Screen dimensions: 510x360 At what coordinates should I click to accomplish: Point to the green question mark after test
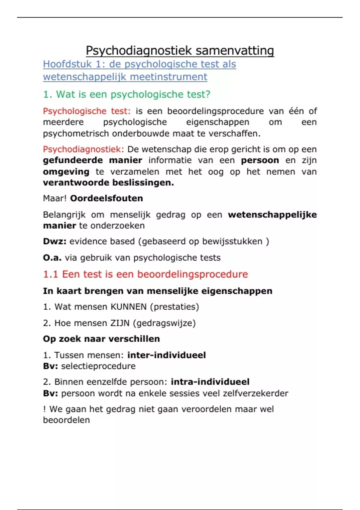208,94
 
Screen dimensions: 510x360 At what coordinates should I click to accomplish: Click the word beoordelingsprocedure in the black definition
215,111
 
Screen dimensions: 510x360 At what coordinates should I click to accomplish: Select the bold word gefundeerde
73,160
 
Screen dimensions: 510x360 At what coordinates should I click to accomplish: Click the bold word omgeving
66,172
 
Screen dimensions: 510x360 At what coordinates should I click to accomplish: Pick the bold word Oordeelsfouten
106,199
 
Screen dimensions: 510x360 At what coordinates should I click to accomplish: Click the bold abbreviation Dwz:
55,241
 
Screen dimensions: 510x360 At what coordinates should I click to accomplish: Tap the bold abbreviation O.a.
52,258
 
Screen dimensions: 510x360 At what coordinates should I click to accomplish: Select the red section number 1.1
50,274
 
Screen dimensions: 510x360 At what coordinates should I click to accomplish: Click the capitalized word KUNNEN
129,307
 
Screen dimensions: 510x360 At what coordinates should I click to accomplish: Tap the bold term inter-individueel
166,355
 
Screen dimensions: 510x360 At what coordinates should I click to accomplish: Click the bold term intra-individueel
210,382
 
